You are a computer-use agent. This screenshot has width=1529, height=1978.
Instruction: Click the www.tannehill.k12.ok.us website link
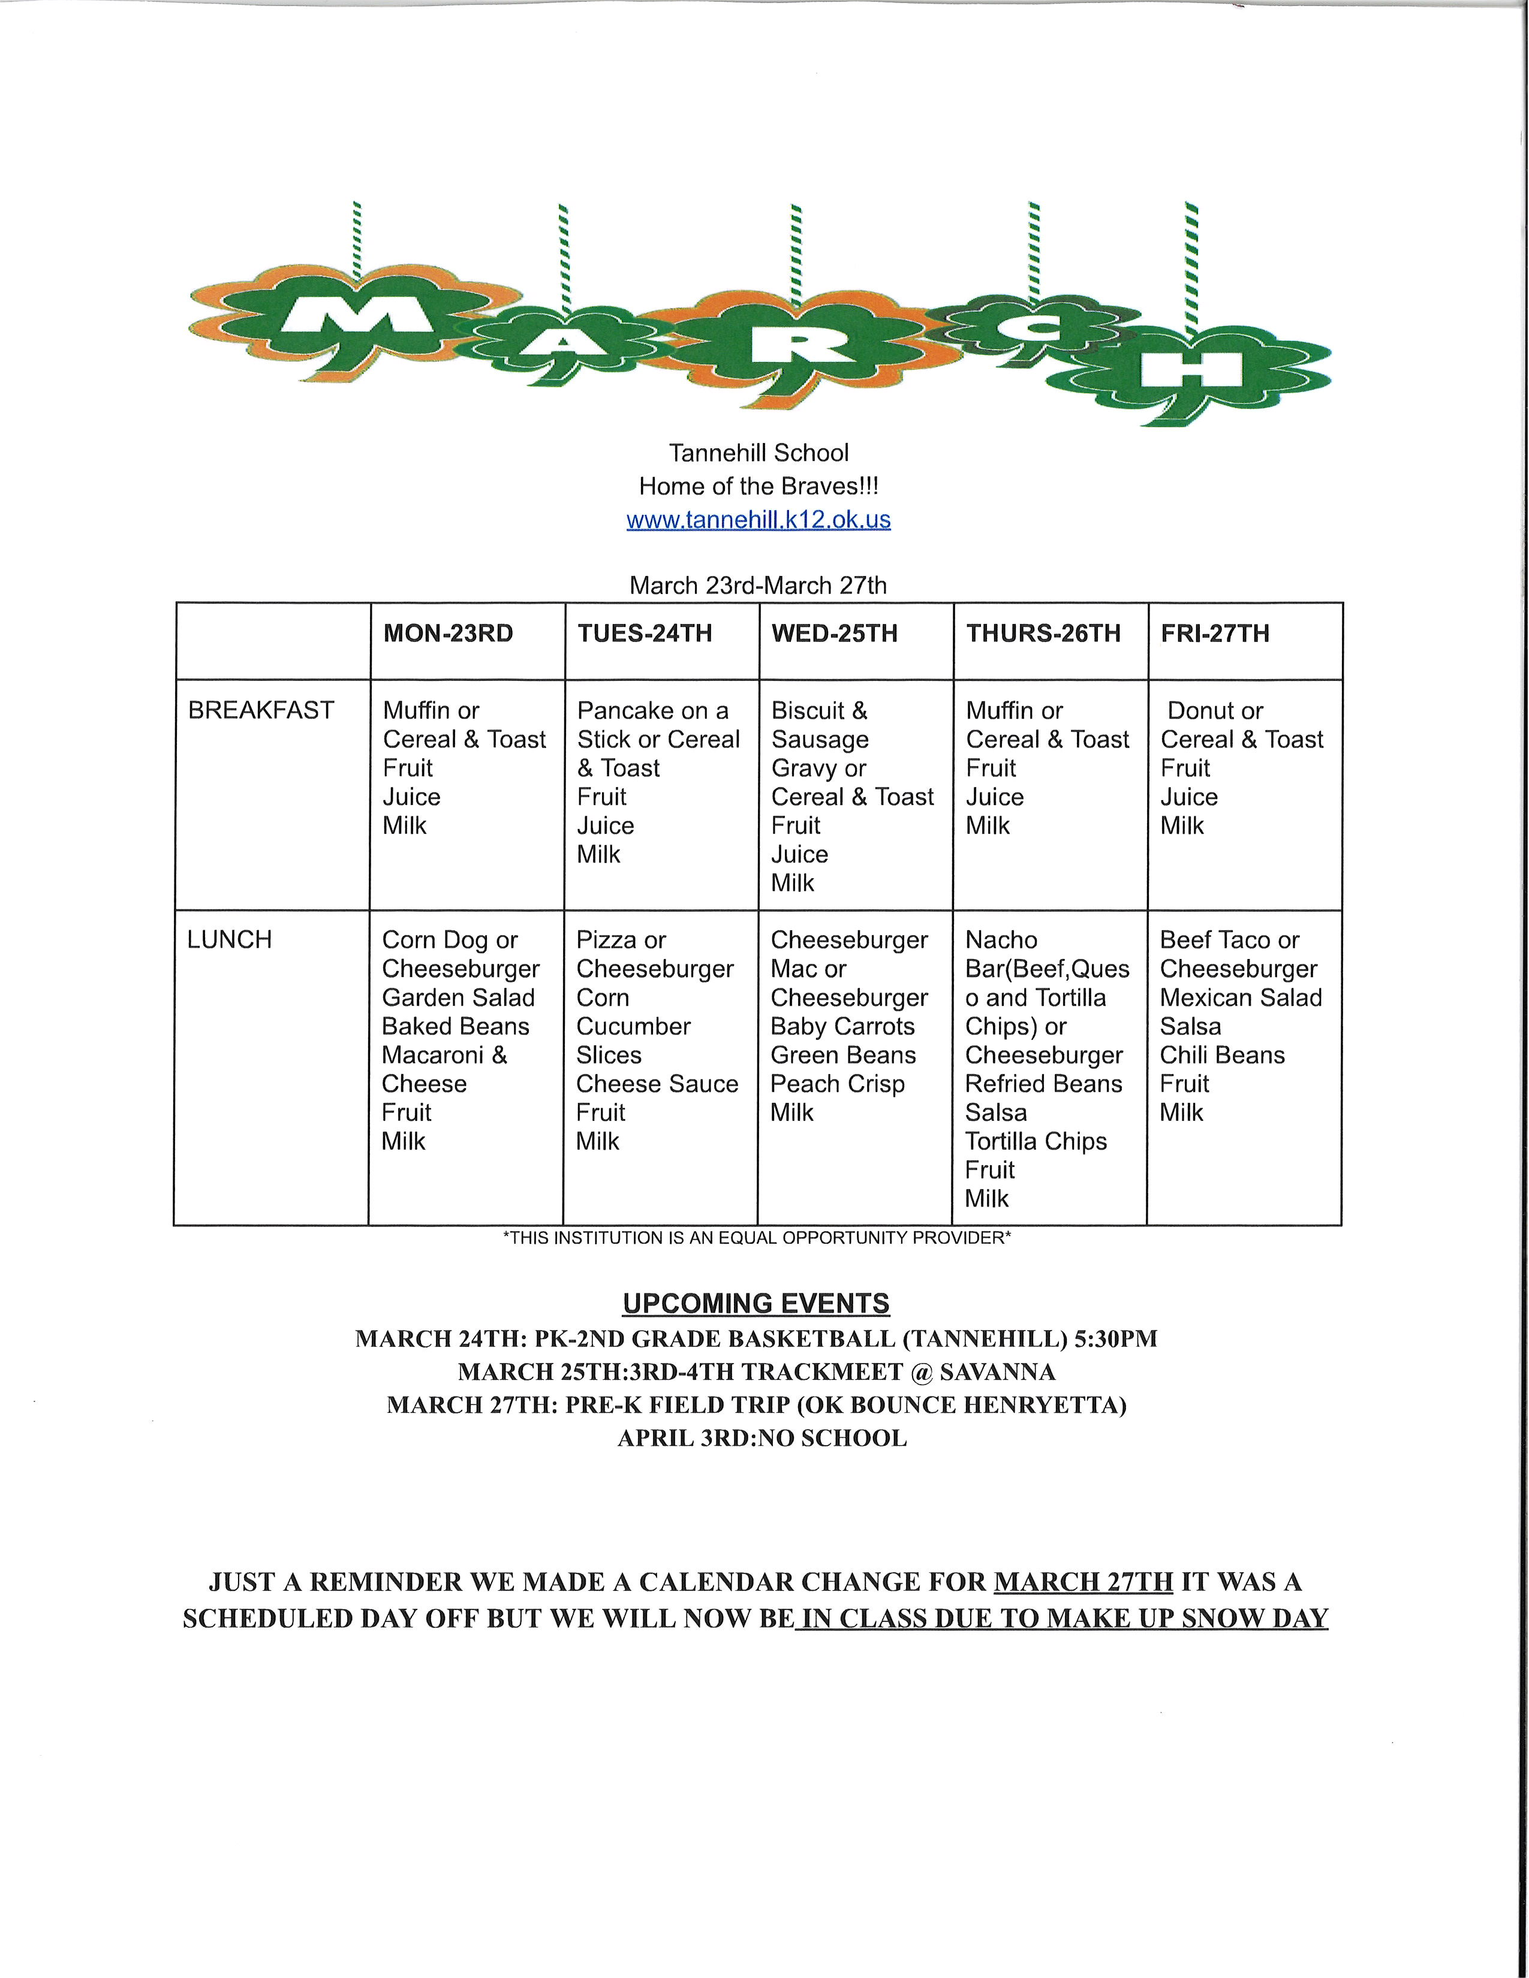point(758,520)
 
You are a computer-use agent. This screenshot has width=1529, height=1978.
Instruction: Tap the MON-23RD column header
point(449,633)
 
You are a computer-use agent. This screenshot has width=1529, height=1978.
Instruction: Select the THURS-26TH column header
point(1043,633)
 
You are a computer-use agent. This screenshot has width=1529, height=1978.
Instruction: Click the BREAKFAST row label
point(261,710)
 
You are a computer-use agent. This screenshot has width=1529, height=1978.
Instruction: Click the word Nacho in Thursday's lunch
point(1001,939)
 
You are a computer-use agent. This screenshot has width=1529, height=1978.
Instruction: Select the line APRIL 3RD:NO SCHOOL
point(762,1438)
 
